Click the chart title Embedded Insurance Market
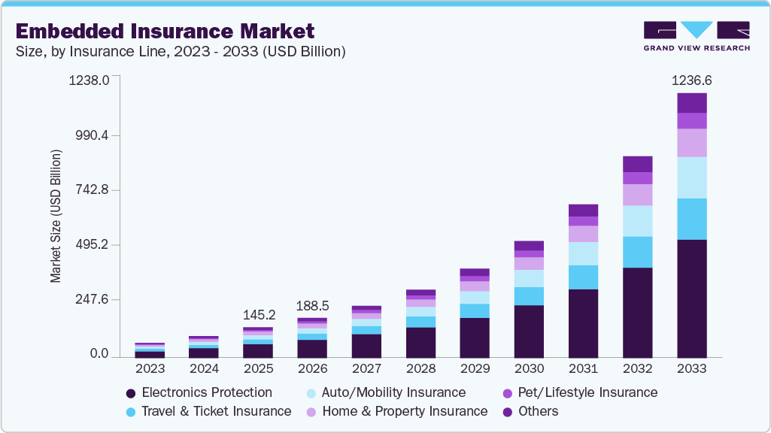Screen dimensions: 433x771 tap(165, 31)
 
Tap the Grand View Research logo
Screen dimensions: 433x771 tap(697, 36)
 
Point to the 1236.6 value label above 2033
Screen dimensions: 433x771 tap(691, 80)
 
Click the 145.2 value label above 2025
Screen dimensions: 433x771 tap(258, 313)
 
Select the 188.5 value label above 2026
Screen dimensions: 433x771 tap(312, 306)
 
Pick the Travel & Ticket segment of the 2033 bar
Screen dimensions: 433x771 tap(691, 219)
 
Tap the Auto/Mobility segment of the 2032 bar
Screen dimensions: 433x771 tap(637, 221)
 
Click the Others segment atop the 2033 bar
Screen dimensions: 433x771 tap(691, 103)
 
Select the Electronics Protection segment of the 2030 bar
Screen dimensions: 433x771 tap(529, 331)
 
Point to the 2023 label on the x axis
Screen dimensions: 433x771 tap(150, 369)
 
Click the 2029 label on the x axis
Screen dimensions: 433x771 tap(475, 369)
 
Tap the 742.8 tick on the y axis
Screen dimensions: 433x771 tap(90, 189)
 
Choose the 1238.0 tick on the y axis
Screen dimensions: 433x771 tap(89, 80)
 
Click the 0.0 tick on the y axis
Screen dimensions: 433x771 tap(99, 354)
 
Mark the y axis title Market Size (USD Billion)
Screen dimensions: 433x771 tap(56, 216)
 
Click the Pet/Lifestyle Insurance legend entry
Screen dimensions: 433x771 tap(579, 392)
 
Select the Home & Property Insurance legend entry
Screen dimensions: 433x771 tap(397, 411)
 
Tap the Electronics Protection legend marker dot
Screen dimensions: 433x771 tap(131, 393)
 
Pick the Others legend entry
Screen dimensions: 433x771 tap(530, 411)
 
